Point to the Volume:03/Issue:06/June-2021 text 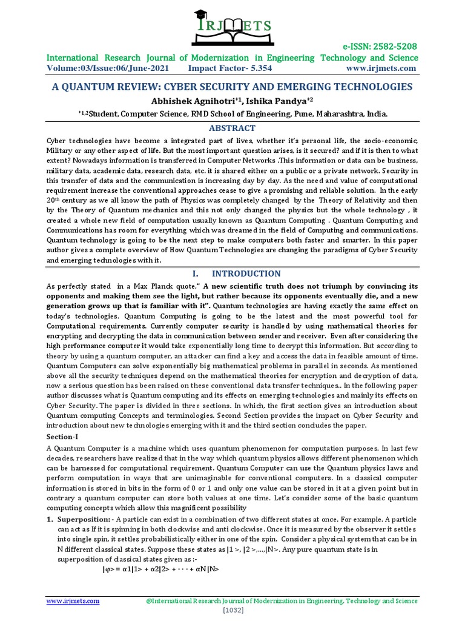(108, 69)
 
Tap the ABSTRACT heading (232, 128)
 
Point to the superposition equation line (160, 569)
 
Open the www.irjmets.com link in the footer (73, 601)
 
